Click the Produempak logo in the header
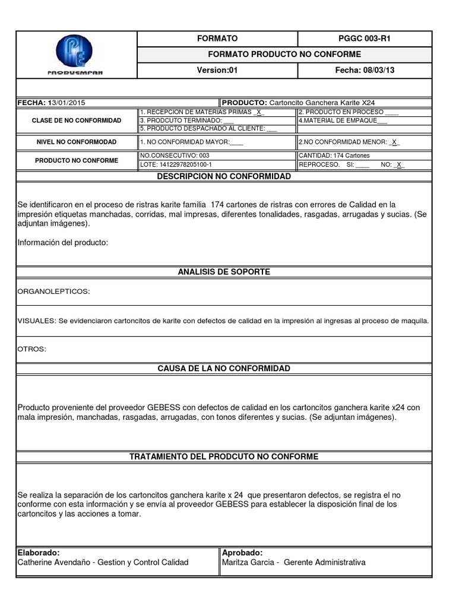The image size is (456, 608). pos(75,54)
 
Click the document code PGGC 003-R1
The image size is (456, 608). pos(365,39)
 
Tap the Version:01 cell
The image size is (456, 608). pos(217,71)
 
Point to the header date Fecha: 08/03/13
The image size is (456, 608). pos(365,71)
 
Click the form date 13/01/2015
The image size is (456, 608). pos(65,103)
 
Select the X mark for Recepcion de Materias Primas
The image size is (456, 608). pos(259,112)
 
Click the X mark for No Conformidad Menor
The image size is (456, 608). pos(395,142)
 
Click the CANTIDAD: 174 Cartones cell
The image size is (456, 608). pos(334,156)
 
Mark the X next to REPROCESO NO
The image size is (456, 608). pos(399,165)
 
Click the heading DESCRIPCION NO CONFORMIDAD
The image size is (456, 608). pos(224,177)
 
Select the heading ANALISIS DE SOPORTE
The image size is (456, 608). pos(224,272)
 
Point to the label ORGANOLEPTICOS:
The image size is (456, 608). pos(54,292)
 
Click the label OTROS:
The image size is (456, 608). pos(31,349)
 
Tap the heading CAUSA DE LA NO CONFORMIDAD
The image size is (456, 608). pos(224,369)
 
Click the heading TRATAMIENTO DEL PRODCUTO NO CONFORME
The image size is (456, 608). pos(224,457)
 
